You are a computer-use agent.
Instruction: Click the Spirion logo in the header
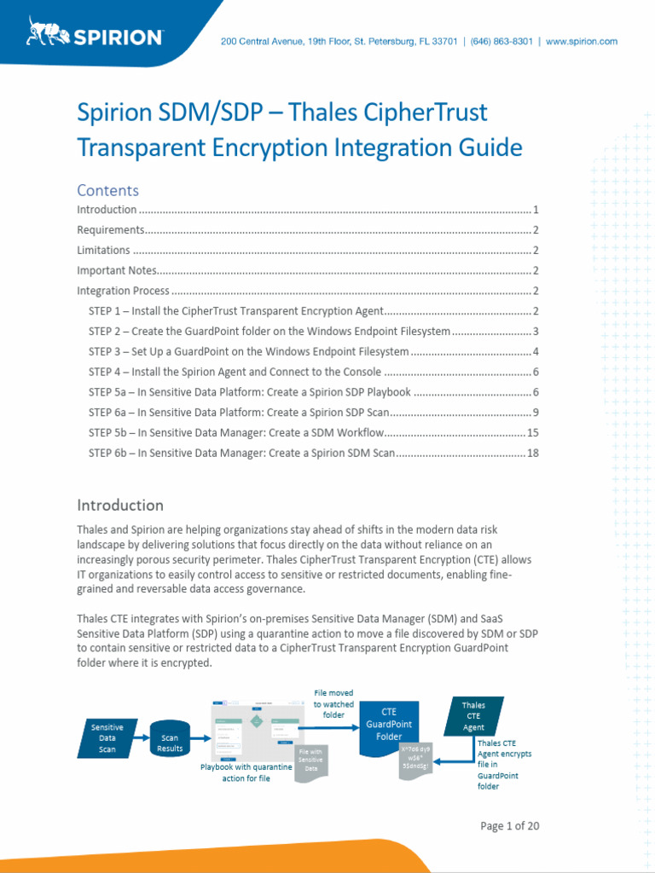pos(95,34)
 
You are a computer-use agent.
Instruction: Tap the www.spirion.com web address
pos(582,41)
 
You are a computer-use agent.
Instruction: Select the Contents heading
pos(107,190)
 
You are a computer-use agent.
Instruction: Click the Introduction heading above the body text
pos(120,505)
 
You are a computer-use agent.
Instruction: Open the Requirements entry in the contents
pos(110,229)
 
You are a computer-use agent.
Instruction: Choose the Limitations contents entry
pos(103,250)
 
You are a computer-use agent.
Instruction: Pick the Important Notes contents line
pos(117,270)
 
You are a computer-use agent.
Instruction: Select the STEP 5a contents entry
pos(250,392)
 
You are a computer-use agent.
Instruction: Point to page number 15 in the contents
pos(533,433)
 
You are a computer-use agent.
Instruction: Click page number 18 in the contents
pos(533,454)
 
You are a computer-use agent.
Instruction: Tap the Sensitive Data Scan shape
pos(107,738)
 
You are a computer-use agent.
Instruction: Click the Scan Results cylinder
pos(170,738)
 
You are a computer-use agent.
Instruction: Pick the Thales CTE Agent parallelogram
pos(473,716)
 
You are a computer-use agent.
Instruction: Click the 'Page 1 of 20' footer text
pos(510,825)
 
